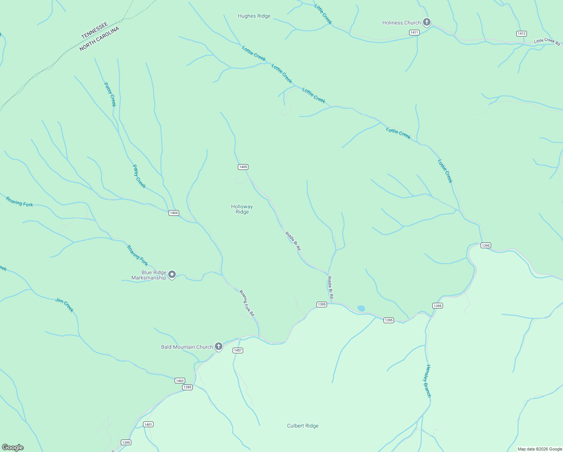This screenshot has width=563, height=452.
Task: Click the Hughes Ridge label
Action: (254, 16)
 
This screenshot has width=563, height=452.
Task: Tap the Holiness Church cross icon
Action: (426, 22)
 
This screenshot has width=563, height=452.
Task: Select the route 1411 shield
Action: (414, 32)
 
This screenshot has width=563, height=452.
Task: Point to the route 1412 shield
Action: (521, 34)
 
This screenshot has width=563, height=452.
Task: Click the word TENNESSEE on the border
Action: (95, 31)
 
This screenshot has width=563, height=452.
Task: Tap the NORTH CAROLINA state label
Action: (99, 39)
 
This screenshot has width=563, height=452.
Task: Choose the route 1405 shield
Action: (243, 167)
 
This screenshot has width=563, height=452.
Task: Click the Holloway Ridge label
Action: (242, 209)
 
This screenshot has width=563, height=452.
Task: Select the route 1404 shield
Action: (173, 213)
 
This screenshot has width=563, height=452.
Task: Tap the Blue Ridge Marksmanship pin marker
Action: (172, 275)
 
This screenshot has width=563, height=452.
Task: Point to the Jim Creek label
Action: (65, 305)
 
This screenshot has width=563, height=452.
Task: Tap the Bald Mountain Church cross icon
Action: (219, 347)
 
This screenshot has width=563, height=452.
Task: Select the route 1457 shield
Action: (238, 350)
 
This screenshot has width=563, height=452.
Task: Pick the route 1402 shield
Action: (180, 381)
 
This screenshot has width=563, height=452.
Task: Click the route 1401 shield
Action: (148, 425)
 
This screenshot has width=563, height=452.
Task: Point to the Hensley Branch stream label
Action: (428, 381)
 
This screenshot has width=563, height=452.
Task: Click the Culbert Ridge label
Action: (303, 426)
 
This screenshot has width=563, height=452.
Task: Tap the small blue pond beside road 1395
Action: (361, 308)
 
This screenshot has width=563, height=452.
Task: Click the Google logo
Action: (13, 447)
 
